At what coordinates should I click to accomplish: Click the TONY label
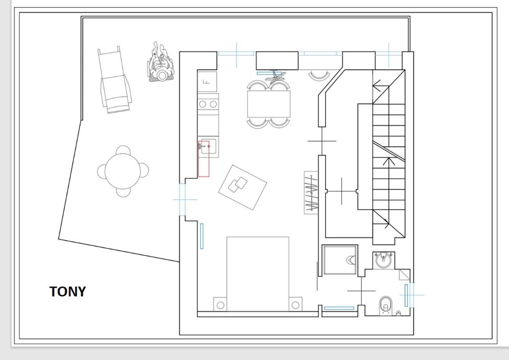pyautogui.click(x=68, y=291)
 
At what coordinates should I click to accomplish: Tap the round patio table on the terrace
pyautogui.click(x=123, y=171)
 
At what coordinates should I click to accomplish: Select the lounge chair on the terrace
pyautogui.click(x=114, y=80)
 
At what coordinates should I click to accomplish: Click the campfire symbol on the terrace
pyautogui.click(x=161, y=63)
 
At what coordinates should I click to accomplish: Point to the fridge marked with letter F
pyautogui.click(x=207, y=81)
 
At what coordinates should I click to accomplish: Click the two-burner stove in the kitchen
pyautogui.click(x=208, y=104)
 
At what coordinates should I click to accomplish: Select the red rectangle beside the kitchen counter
pyautogui.click(x=204, y=159)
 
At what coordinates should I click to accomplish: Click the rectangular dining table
pyautogui.click(x=269, y=104)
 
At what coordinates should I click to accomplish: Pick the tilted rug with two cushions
pyautogui.click(x=243, y=187)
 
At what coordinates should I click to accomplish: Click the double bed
pyautogui.click(x=258, y=274)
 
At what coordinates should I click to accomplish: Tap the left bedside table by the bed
pyautogui.click(x=220, y=304)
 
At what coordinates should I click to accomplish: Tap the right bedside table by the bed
pyautogui.click(x=295, y=304)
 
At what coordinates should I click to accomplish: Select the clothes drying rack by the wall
pyautogui.click(x=311, y=193)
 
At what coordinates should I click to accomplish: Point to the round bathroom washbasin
pyautogui.click(x=383, y=260)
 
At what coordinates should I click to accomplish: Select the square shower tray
pyautogui.click(x=340, y=260)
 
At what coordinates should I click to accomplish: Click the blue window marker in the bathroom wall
pyautogui.click(x=406, y=295)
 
